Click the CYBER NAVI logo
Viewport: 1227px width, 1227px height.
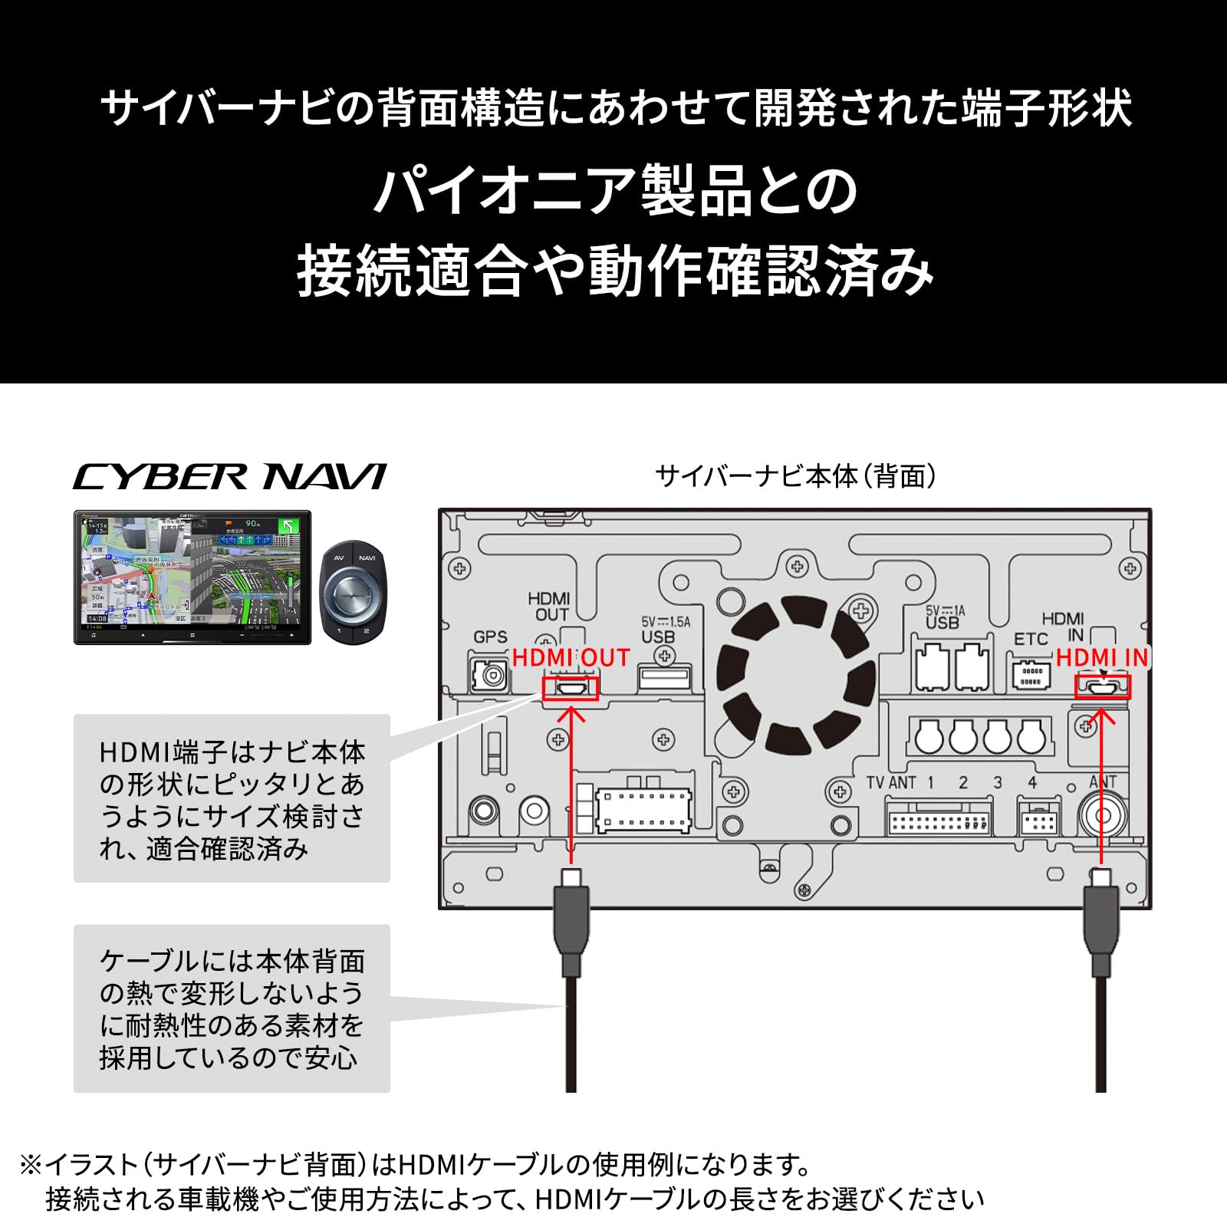pos(229,477)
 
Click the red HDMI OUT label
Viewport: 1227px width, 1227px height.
pos(571,658)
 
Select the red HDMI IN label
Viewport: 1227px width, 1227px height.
pos(1101,658)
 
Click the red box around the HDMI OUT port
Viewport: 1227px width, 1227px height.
pos(570,688)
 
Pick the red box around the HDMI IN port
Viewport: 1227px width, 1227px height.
pos(1102,687)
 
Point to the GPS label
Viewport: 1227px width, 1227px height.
pos(490,637)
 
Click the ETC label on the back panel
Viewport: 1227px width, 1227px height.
pos(1030,639)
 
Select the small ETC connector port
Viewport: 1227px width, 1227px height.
pos(1031,676)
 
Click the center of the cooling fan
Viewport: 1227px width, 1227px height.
pos(795,675)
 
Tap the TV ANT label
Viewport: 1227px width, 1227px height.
pos(890,783)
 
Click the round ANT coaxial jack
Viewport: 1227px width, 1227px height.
pos(1102,816)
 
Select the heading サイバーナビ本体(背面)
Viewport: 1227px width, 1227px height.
pos(795,476)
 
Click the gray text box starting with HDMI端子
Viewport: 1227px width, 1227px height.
pos(232,798)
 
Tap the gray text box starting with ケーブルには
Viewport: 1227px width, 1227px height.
pos(232,1008)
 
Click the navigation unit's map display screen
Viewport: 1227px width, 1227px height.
pos(192,574)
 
